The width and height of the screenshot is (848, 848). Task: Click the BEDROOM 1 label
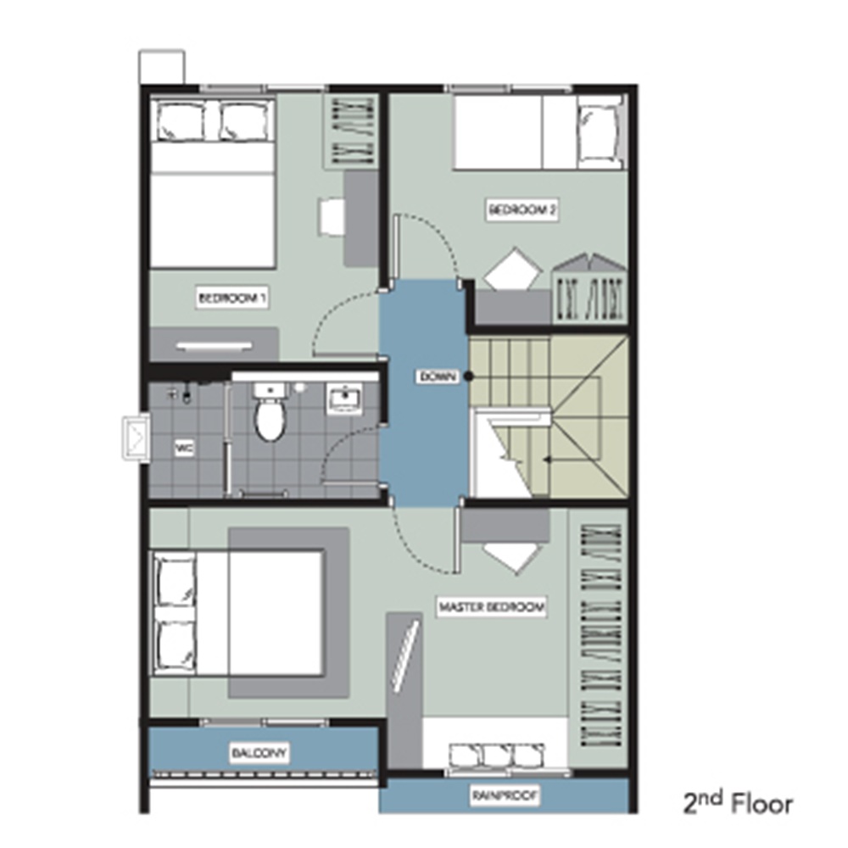pyautogui.click(x=232, y=298)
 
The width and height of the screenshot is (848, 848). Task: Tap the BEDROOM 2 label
pyautogui.click(x=522, y=209)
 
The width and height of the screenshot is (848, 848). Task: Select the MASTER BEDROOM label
pyautogui.click(x=491, y=607)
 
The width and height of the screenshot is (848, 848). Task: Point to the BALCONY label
pyautogui.click(x=259, y=753)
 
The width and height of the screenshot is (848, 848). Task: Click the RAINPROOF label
pyautogui.click(x=505, y=796)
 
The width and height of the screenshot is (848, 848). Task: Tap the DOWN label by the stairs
pyautogui.click(x=438, y=377)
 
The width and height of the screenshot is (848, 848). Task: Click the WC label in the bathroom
pyautogui.click(x=184, y=449)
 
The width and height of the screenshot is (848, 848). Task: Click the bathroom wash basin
pyautogui.click(x=343, y=400)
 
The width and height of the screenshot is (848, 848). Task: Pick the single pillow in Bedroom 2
pyautogui.click(x=598, y=132)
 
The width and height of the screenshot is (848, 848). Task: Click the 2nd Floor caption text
pyautogui.click(x=738, y=802)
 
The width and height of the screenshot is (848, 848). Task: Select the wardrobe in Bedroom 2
pyautogui.click(x=589, y=291)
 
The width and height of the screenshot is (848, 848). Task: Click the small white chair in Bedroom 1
pyautogui.click(x=332, y=217)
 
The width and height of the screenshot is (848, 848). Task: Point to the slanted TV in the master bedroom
pyautogui.click(x=405, y=656)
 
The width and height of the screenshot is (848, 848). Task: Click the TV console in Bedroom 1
pyautogui.click(x=215, y=344)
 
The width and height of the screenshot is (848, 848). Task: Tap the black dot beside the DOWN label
pyautogui.click(x=469, y=377)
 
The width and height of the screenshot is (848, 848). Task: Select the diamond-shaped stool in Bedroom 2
pyautogui.click(x=513, y=269)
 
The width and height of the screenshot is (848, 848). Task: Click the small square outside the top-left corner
pyautogui.click(x=162, y=67)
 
